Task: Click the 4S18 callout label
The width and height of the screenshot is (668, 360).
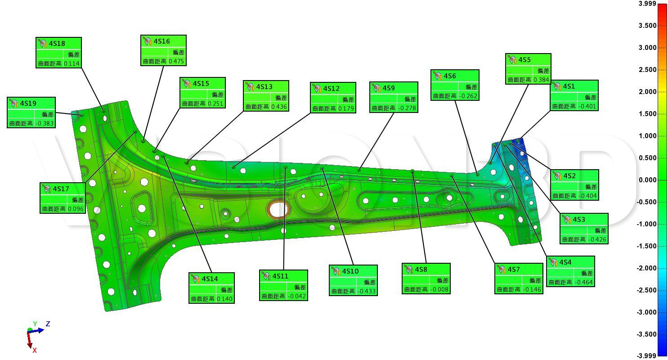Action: coord(57,43)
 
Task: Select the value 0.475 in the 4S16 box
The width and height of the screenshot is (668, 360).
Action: coord(176,61)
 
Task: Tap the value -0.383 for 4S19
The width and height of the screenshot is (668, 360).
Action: coord(45,123)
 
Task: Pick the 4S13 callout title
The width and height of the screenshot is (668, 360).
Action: coord(264,86)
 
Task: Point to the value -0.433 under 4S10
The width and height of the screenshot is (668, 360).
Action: coord(366,291)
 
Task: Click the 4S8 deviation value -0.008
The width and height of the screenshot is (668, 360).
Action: coord(439,289)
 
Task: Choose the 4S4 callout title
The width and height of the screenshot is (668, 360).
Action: coord(565,262)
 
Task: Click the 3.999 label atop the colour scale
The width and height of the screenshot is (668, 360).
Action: coord(647,4)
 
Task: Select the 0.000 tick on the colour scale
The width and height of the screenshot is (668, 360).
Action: coord(647,180)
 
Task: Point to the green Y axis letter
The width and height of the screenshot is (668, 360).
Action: coord(35,324)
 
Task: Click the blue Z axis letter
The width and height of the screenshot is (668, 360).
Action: coord(48,324)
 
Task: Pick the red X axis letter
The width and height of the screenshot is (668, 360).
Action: coord(34,350)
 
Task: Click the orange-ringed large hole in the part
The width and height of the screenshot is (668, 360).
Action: coord(278,209)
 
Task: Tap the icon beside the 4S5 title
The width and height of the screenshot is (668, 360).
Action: coord(512,59)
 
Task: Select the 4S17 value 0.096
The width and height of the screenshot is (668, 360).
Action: coord(76,208)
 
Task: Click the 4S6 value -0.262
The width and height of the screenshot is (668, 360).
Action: coord(468,96)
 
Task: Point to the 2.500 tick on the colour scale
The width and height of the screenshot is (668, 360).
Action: coord(647,70)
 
